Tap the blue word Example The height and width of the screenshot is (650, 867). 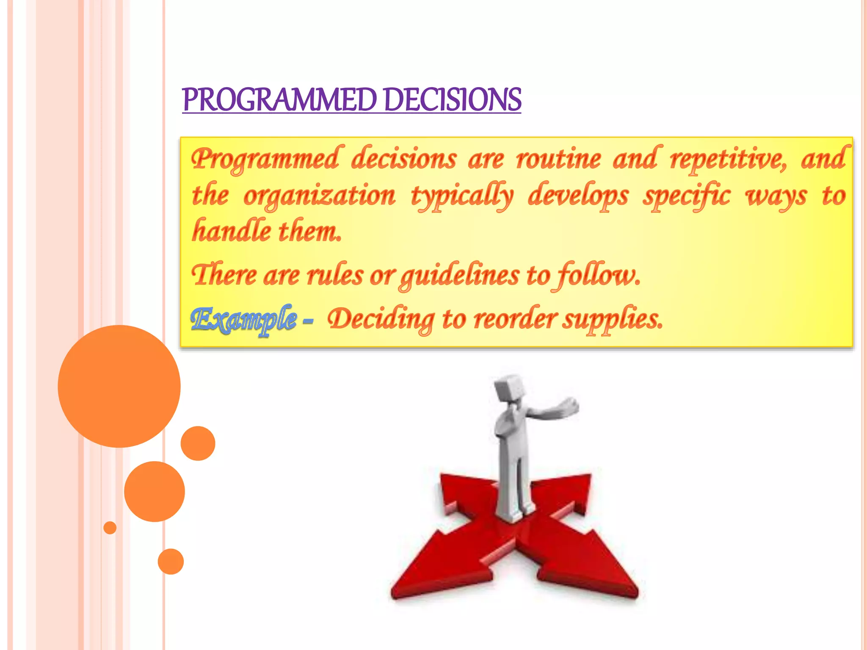pyautogui.click(x=243, y=319)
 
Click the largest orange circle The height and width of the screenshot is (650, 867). pyautogui.click(x=119, y=386)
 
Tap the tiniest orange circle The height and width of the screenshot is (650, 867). pyautogui.click(x=110, y=528)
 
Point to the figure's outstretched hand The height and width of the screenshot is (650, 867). pyautogui.click(x=569, y=407)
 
